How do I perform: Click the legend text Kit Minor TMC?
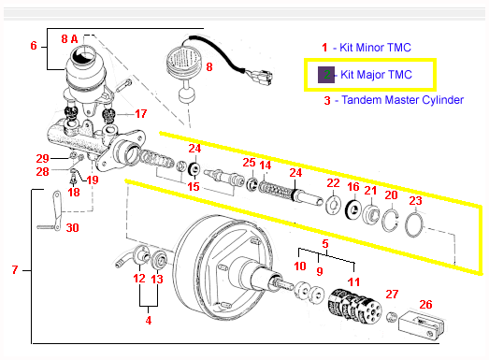tap(375, 48)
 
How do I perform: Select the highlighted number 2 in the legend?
tap(326, 75)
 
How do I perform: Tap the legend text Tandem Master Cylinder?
tap(403, 100)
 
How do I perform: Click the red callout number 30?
tap(72, 228)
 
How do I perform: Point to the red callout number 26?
tap(425, 305)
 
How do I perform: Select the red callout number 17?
tap(141, 113)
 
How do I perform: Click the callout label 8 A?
tap(69, 39)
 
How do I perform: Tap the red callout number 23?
tap(415, 201)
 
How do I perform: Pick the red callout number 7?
tap(15, 270)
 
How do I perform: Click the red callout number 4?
tap(149, 320)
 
